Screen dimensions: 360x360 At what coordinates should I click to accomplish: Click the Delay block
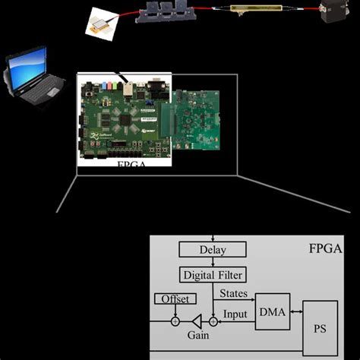tap(213, 249)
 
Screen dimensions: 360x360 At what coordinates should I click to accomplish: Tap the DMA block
tap(272, 311)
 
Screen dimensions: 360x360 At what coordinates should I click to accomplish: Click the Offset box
tap(174, 299)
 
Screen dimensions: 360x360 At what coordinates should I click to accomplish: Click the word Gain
tap(199, 335)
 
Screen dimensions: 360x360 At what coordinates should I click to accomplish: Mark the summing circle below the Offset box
tap(175, 321)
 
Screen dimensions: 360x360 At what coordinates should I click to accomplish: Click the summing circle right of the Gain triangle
tap(213, 321)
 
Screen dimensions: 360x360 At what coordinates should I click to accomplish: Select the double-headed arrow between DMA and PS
tap(296, 311)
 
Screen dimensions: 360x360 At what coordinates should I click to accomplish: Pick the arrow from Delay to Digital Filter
tap(213, 262)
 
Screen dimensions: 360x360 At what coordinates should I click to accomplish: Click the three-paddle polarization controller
tap(165, 14)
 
